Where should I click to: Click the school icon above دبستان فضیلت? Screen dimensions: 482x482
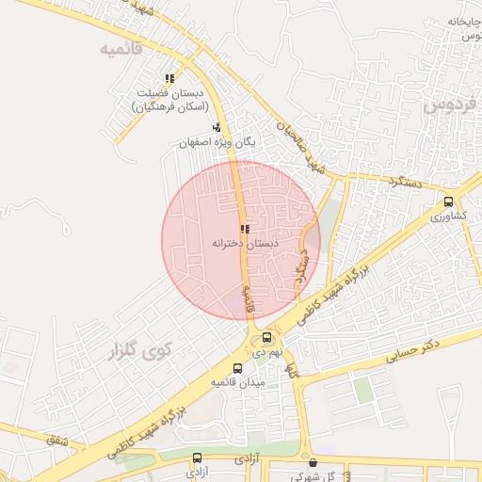pyautogui.click(x=169, y=79)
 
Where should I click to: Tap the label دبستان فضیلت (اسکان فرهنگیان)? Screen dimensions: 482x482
pyautogui.click(x=169, y=102)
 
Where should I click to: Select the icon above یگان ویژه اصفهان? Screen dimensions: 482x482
pyautogui.click(x=217, y=127)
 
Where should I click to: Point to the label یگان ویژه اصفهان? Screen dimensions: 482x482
pyautogui.click(x=217, y=143)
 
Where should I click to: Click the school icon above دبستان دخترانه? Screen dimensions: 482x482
pyautogui.click(x=245, y=229)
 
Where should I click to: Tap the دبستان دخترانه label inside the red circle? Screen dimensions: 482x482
pyautogui.click(x=243, y=243)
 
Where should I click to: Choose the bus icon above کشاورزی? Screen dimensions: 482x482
pyautogui.click(x=448, y=201)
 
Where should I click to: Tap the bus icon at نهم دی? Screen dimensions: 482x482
pyautogui.click(x=267, y=337)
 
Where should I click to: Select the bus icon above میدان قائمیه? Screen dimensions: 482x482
pyautogui.click(x=236, y=368)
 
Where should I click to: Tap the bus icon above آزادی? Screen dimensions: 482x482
pyautogui.click(x=197, y=458)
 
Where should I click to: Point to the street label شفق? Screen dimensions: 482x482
pyautogui.click(x=57, y=438)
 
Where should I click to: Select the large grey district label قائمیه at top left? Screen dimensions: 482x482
pyautogui.click(x=122, y=48)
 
